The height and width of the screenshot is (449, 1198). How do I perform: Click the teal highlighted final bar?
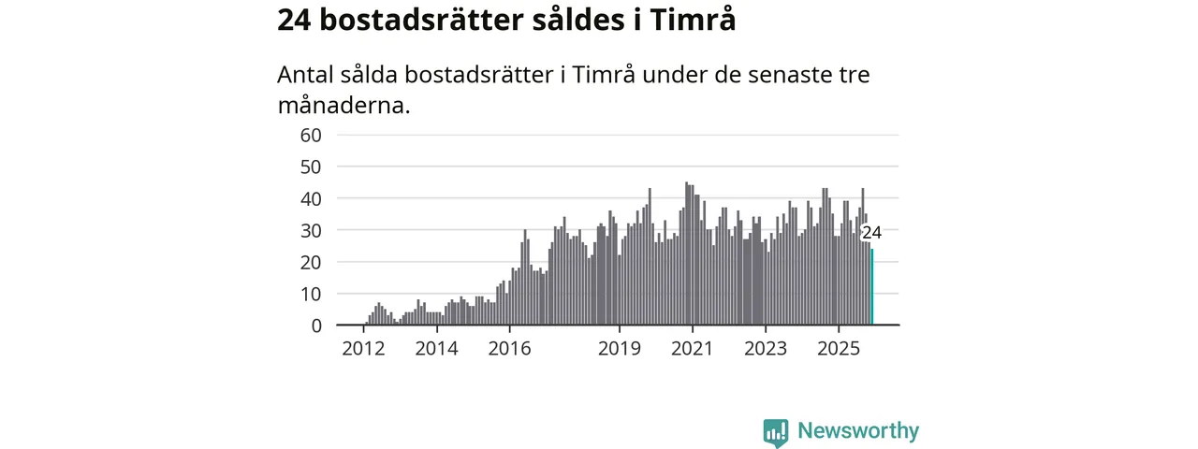tap(872, 287)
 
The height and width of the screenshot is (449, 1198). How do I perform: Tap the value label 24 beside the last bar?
tap(871, 233)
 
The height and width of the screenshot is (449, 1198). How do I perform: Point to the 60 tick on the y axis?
tap(311, 135)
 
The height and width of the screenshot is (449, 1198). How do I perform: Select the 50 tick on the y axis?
tap(311, 167)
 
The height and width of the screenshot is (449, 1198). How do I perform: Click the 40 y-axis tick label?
tap(311, 198)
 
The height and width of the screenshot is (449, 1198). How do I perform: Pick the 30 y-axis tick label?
tap(311, 230)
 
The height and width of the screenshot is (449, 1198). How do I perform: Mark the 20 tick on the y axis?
tap(311, 262)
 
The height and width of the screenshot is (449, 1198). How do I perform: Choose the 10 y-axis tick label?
tap(311, 294)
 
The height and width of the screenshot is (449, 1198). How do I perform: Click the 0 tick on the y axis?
tap(316, 326)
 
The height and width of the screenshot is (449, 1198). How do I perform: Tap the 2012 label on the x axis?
tap(363, 350)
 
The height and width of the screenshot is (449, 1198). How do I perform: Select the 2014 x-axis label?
tap(436, 350)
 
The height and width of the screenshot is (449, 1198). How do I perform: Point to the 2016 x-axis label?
tap(509, 350)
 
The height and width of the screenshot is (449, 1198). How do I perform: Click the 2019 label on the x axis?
tap(619, 350)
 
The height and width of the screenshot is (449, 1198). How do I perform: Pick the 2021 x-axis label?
tap(692, 350)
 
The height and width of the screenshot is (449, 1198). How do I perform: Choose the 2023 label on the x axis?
tap(766, 350)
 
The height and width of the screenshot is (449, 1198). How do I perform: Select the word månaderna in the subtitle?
tap(343, 105)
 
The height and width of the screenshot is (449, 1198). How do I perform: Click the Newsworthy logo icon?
tap(775, 432)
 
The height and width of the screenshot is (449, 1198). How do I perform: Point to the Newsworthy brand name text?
tap(858, 431)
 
